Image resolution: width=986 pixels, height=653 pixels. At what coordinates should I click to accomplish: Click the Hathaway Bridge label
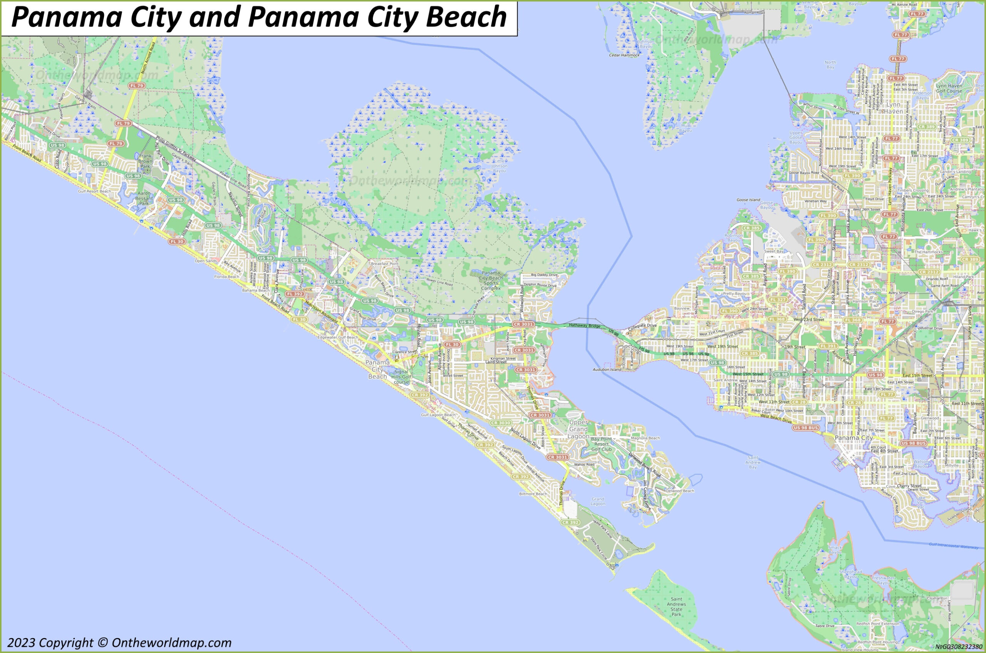(584, 325)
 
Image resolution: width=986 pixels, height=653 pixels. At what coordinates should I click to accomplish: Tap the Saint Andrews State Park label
(676, 607)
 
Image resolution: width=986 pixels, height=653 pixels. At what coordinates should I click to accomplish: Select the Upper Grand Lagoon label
(578, 429)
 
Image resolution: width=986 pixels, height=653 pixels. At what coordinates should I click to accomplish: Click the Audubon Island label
(607, 369)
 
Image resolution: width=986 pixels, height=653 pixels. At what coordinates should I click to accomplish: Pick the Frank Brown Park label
(145, 161)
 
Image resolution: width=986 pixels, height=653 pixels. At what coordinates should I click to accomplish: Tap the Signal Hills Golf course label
(401, 377)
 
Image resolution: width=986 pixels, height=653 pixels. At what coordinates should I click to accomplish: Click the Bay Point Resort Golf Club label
(602, 444)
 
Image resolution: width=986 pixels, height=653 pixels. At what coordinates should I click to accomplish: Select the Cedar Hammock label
(624, 55)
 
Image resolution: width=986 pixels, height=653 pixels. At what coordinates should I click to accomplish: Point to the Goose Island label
(748, 200)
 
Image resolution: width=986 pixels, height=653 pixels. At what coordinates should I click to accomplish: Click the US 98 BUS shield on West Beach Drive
(806, 428)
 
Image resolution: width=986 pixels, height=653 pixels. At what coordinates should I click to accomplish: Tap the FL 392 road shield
(295, 294)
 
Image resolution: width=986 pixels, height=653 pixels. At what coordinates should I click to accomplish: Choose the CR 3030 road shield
(500, 423)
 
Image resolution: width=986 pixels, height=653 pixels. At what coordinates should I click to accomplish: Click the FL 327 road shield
(778, 300)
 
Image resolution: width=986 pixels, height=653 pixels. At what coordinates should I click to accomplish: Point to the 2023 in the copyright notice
(21, 643)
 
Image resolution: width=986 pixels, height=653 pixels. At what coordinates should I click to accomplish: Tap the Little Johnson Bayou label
(499, 166)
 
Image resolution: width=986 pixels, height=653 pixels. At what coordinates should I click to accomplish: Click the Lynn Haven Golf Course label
(949, 88)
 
